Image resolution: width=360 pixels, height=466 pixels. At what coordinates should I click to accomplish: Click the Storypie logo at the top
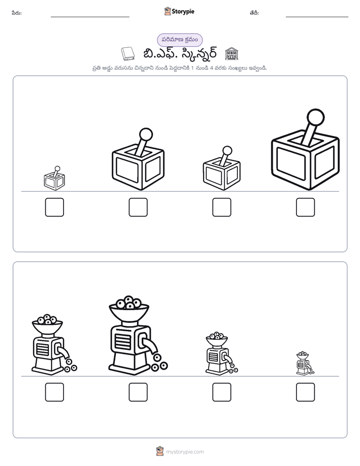(x=179, y=12)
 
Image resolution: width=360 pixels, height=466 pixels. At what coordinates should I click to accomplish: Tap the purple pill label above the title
(x=179, y=40)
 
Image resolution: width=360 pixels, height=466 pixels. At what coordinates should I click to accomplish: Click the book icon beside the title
(x=128, y=54)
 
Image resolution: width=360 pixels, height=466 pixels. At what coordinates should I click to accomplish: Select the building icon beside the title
(x=232, y=54)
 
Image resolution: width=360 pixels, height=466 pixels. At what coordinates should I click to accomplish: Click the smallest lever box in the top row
(x=54, y=179)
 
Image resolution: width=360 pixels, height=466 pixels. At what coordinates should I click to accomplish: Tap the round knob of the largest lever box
(x=316, y=118)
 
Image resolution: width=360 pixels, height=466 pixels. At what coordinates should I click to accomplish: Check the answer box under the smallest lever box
(x=54, y=207)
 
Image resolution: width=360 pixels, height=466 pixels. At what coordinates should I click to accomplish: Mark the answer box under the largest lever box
(x=306, y=207)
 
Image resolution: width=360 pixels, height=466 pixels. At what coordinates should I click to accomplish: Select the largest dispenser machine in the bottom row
(x=138, y=335)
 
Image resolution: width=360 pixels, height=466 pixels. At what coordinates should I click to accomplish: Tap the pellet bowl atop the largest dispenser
(x=129, y=308)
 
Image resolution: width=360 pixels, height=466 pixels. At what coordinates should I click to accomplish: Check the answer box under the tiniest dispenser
(x=306, y=392)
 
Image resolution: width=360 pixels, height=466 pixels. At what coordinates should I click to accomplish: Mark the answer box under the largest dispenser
(x=138, y=392)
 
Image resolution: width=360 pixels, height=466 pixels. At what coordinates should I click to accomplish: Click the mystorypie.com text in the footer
(x=185, y=452)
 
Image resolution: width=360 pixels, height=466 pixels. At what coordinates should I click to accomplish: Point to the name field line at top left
(x=90, y=17)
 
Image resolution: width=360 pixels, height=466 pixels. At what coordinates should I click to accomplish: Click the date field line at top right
(x=317, y=17)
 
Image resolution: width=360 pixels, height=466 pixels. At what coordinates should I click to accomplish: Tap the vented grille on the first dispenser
(x=42, y=348)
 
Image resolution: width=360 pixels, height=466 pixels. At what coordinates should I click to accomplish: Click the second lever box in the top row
(x=138, y=159)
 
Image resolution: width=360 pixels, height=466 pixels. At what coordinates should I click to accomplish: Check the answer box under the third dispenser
(x=221, y=392)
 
